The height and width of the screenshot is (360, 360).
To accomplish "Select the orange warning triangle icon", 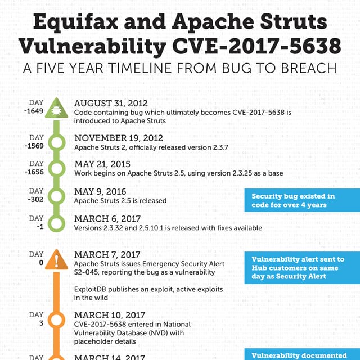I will coord(56,260).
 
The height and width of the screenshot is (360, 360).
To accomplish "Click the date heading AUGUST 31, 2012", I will coord(111,103).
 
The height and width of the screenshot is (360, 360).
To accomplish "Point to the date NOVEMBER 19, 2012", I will coord(119,138).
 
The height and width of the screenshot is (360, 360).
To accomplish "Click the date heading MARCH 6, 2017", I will coord(107,219).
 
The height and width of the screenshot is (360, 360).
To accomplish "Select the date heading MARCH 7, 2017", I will coord(107,255).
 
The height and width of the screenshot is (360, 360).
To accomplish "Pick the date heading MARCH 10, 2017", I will coord(109,316).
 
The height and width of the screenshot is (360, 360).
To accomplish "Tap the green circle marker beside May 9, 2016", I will coord(56,195).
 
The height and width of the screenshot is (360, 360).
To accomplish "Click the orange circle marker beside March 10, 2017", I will coord(56,319).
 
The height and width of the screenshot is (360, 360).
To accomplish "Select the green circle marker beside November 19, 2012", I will coord(56,141).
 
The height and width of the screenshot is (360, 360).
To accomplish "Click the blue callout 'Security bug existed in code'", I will coord(302,200).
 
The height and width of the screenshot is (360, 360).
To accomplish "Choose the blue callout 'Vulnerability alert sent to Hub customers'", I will coord(302,268).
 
